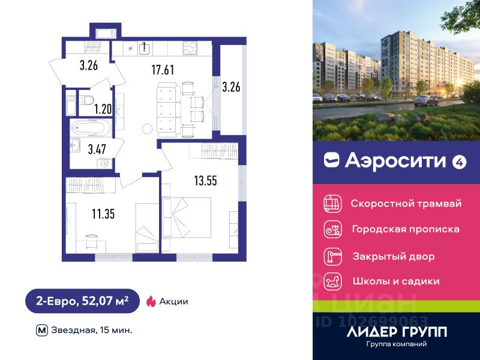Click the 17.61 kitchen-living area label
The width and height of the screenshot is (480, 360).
[x=162, y=70]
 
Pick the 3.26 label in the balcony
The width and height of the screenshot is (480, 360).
[x=231, y=87]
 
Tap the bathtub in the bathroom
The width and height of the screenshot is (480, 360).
[x=91, y=128]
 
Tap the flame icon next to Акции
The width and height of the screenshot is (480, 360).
[x=151, y=301]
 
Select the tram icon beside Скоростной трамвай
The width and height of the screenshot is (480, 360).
[x=332, y=203]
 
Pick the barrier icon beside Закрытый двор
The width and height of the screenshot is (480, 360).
[x=332, y=256]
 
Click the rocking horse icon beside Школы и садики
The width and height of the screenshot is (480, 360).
[x=332, y=281]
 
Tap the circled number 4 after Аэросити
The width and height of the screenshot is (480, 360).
[x=459, y=161]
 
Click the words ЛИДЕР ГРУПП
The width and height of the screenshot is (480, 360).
[x=397, y=331]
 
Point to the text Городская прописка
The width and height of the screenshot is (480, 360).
[x=406, y=229]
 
